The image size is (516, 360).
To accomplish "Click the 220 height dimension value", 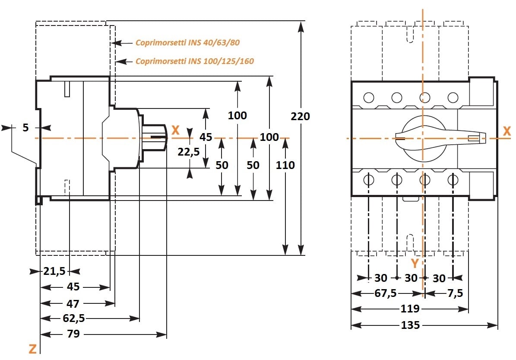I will [x=300, y=117].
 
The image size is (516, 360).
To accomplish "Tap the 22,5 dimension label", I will [x=189, y=152].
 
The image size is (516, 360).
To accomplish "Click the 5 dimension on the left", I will [x=25, y=127].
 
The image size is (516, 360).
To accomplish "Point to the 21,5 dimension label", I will [x=54, y=271].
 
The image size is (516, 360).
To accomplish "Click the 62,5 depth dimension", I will [x=73, y=319].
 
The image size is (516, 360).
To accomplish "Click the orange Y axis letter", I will [x=415, y=263].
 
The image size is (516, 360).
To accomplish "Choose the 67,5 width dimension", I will [x=385, y=293].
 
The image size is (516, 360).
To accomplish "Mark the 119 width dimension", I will [x=410, y=309].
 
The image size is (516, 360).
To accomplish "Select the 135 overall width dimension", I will [x=410, y=325].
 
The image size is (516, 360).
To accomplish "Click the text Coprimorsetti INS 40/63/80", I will [x=187, y=43].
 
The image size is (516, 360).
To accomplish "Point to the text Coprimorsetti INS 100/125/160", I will [x=195, y=61].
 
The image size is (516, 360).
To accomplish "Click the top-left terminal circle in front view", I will [x=368, y=97].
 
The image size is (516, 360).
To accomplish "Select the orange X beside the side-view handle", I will [x=175, y=130].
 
